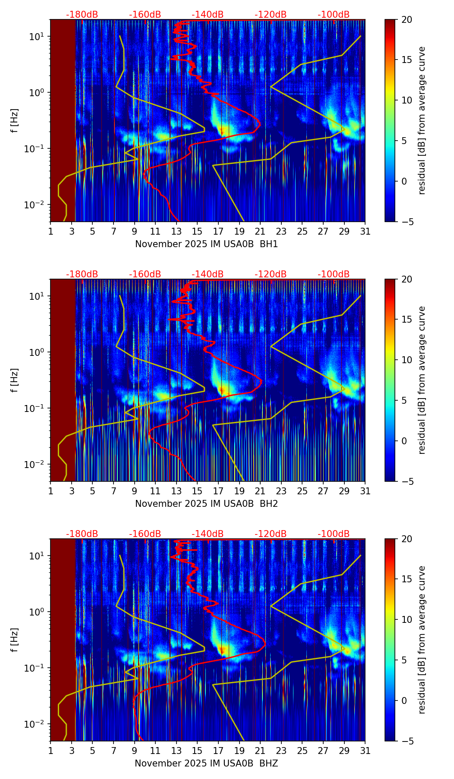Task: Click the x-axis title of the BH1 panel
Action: pyautogui.click(x=206, y=244)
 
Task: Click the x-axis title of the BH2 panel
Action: pyautogui.click(x=206, y=504)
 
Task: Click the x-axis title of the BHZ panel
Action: pyautogui.click(x=206, y=763)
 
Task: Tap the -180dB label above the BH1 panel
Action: pyautogui.click(x=82, y=15)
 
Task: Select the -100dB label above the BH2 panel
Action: pyautogui.click(x=334, y=274)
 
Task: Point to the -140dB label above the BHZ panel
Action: pyautogui.click(x=208, y=534)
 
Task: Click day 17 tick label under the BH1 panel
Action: pyautogui.click(x=218, y=231)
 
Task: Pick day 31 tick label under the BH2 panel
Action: pyautogui.click(x=365, y=490)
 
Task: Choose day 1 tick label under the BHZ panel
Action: pyautogui.click(x=50, y=750)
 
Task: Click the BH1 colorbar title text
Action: pyautogui.click(x=422, y=120)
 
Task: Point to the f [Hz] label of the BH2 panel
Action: pyautogui.click(x=15, y=380)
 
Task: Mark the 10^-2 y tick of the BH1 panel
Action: pyautogui.click(x=36, y=204)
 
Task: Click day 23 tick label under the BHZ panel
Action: pyautogui.click(x=281, y=750)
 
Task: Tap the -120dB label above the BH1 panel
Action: pyautogui.click(x=271, y=15)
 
